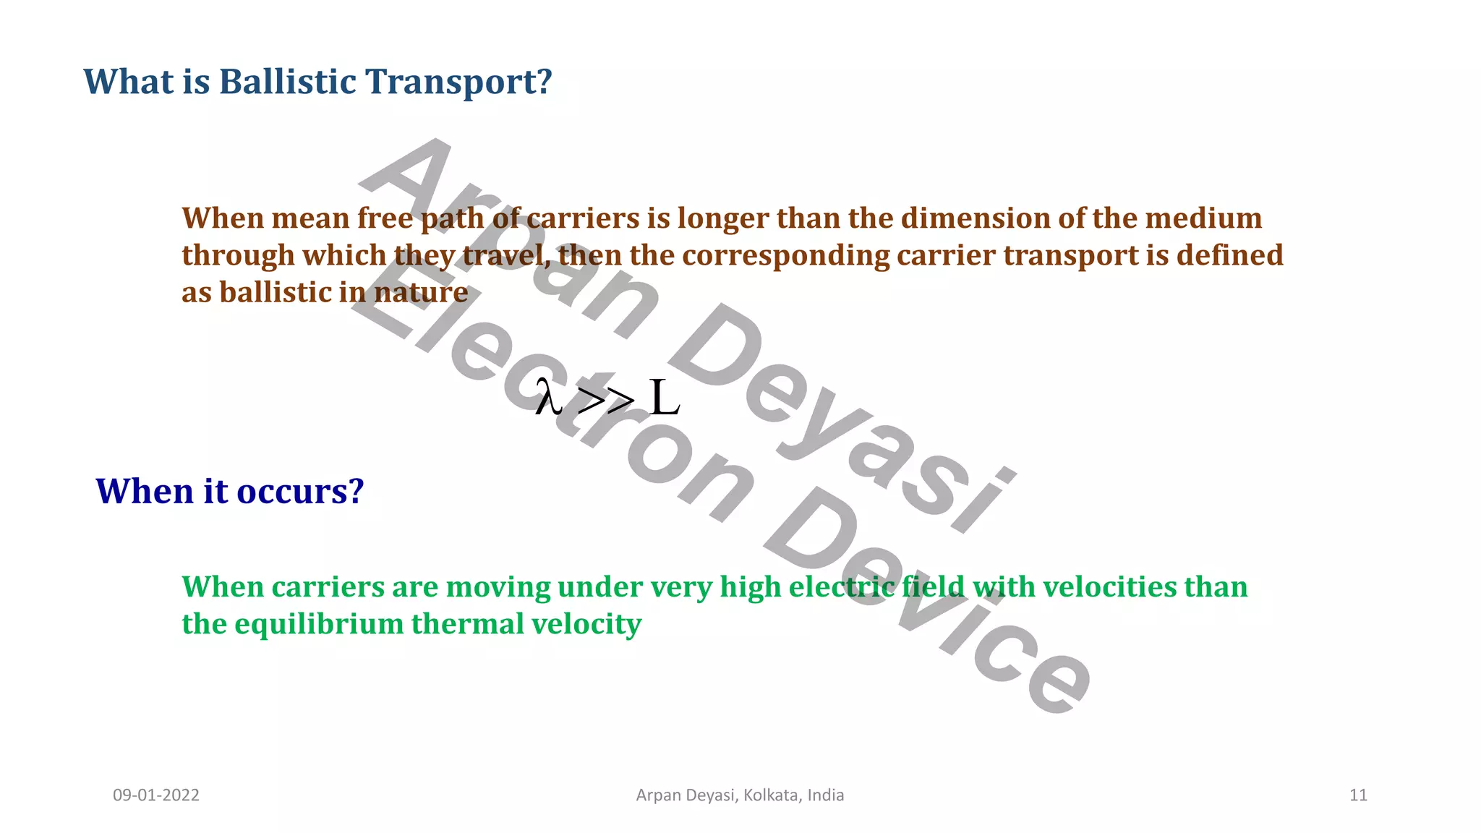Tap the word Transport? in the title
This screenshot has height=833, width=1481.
(x=458, y=81)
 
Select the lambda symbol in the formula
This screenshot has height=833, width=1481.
(x=548, y=398)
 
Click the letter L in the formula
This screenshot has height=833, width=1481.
(x=664, y=398)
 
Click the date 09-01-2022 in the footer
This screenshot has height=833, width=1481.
(x=156, y=795)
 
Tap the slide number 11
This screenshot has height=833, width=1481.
(x=1358, y=795)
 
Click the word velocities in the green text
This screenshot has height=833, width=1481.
(x=1109, y=587)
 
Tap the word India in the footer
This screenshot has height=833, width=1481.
(x=826, y=795)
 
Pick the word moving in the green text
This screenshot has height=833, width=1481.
(x=498, y=587)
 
